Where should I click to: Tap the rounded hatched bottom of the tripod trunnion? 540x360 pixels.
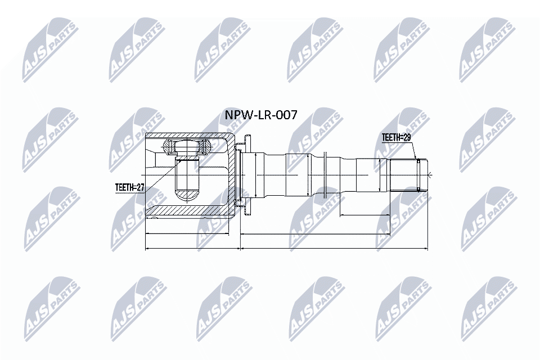(187, 196)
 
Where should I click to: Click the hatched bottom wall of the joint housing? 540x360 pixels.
(186, 211)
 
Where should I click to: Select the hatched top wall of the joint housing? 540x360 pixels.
(186, 136)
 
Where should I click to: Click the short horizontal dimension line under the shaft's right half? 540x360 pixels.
(382, 214)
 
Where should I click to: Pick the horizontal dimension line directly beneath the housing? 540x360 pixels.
(187, 233)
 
